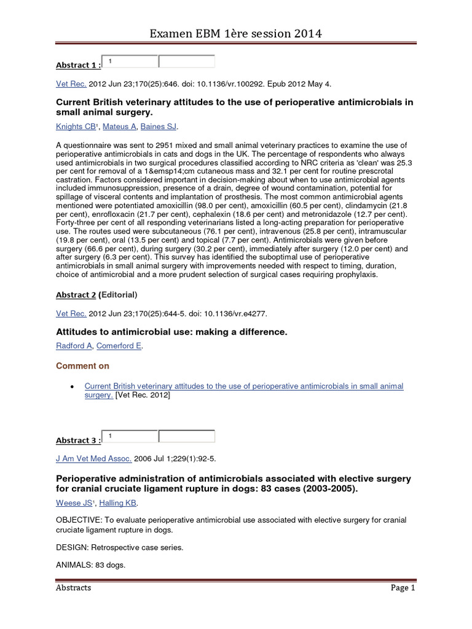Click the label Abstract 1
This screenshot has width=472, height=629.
coord(77,65)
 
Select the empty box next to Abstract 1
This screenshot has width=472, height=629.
coord(187,61)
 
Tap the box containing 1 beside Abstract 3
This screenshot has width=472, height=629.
coord(130,436)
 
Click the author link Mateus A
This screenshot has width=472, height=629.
coord(119,127)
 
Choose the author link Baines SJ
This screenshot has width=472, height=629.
coord(159,127)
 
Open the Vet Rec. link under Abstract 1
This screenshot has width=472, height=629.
coord(71,84)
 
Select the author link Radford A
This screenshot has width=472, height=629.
coord(74,346)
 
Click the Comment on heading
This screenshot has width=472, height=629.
coord(82,366)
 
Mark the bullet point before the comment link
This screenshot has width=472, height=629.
coord(73,387)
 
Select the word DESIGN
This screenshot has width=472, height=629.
coord(71,547)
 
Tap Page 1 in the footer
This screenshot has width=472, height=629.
coord(403,588)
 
